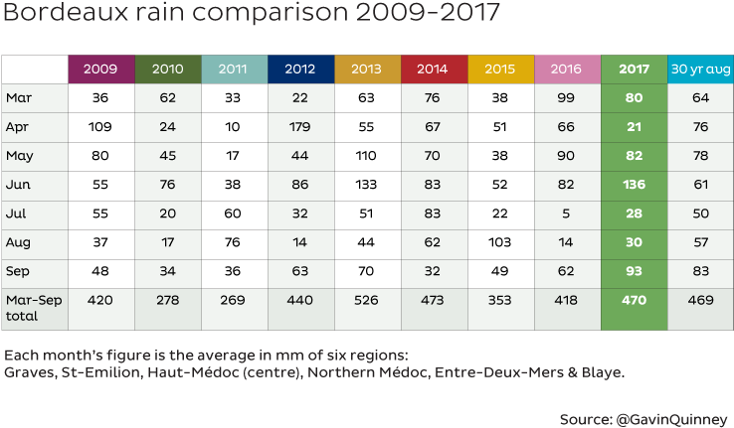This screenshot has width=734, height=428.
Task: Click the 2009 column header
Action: tap(101, 70)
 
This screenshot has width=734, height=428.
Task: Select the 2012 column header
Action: tap(300, 70)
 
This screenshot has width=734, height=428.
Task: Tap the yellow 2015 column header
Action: tap(500, 70)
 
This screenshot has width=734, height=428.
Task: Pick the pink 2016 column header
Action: tap(567, 70)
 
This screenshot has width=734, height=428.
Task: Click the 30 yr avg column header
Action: tap(700, 70)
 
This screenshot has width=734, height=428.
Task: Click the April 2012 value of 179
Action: tap(300, 127)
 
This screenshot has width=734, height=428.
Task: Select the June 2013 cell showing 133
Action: tap(367, 185)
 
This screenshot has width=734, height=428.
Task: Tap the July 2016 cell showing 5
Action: tap(567, 214)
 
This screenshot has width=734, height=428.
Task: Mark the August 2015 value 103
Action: tap(500, 242)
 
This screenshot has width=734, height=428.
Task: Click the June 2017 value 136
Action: tap(634, 185)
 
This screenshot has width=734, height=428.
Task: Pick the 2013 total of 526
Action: tap(367, 300)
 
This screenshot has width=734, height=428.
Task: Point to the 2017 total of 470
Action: tap(634, 300)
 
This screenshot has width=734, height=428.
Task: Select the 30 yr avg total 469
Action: tap(700, 300)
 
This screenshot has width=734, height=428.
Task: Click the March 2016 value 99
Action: tap(567, 98)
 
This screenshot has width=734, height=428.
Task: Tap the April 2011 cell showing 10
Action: tap(234, 127)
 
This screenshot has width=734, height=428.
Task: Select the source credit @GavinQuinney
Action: tap(674, 418)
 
